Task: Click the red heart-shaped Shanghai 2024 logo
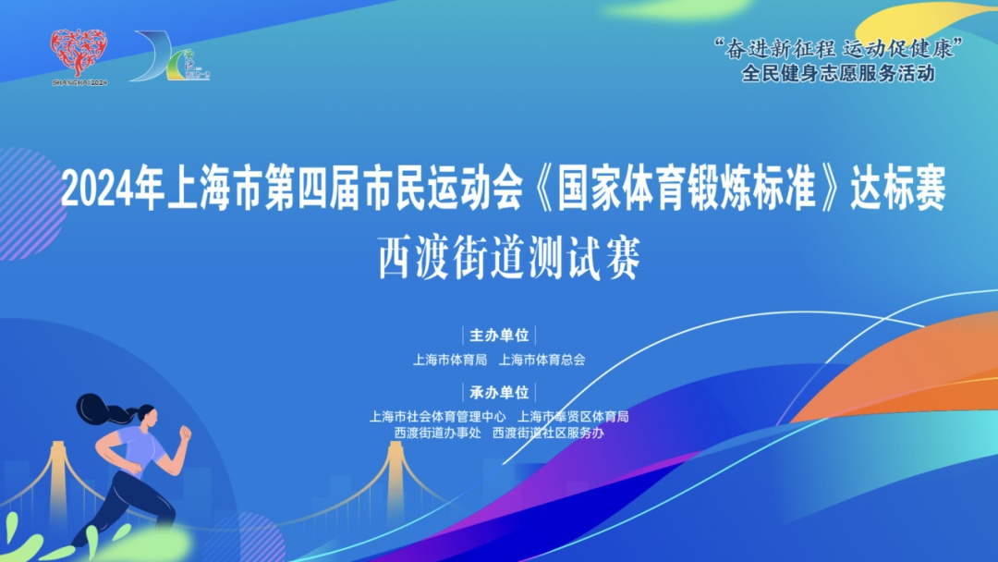coord(79,54)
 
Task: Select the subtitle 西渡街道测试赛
coord(509,258)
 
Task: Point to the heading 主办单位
coord(499,336)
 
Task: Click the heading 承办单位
coord(499,392)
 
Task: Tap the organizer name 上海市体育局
coord(450,360)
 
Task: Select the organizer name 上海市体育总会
coord(542,360)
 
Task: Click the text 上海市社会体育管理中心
coord(438,416)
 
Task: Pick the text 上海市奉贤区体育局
coord(573,416)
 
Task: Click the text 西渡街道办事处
coord(437,433)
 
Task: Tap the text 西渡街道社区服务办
coord(549,433)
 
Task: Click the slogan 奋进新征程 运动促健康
coord(837,48)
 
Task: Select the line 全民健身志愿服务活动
coord(838,73)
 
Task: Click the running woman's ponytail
coord(102,409)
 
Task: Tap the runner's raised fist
coord(185,434)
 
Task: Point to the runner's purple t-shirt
coord(141,448)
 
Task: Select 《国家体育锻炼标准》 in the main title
coord(686,189)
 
